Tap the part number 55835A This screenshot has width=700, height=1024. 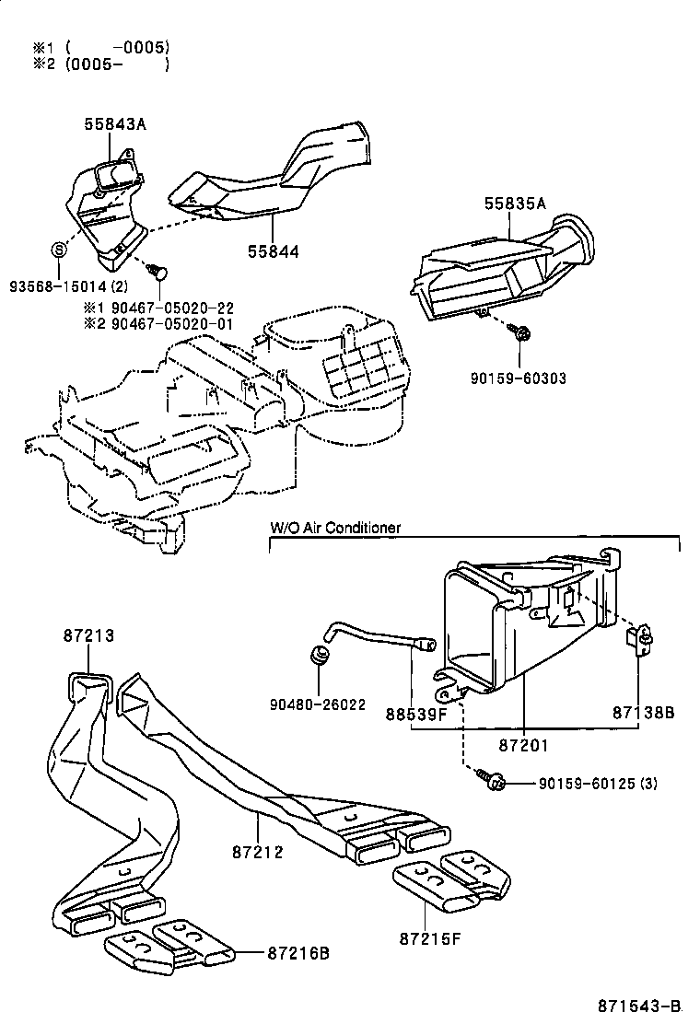pyautogui.click(x=515, y=204)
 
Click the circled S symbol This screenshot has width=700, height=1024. pyautogui.click(x=58, y=249)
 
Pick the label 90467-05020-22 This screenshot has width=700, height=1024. pyautogui.click(x=172, y=308)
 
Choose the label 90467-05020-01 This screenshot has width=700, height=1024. pyautogui.click(x=172, y=324)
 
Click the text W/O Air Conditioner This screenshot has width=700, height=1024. pyautogui.click(x=334, y=528)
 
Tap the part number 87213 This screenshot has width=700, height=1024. pyautogui.click(x=89, y=634)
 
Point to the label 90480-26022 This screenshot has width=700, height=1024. pyautogui.click(x=318, y=704)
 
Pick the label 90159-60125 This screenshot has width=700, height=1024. pyautogui.click(x=586, y=784)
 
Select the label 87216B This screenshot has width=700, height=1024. pyautogui.click(x=298, y=953)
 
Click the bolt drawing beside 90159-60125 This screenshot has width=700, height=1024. pyautogui.click(x=491, y=782)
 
